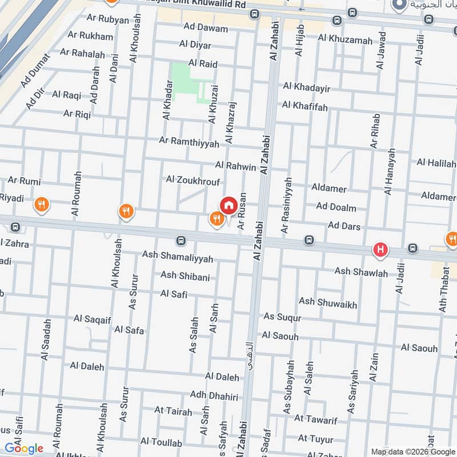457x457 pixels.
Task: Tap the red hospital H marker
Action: (380, 249)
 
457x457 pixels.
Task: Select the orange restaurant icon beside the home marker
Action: (216, 218)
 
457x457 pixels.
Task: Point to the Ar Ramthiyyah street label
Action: (189, 142)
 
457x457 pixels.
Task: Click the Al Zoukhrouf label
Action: (193, 179)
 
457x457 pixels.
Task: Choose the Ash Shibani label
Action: (185, 276)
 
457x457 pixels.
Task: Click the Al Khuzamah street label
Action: (346, 39)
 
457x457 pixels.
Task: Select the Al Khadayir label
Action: (307, 87)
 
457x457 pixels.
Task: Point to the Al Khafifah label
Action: (304, 106)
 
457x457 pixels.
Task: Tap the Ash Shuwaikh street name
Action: (328, 303)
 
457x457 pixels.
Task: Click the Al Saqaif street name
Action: (92, 319)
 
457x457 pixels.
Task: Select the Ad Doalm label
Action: (336, 207)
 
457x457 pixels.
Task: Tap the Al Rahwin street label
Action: (235, 166)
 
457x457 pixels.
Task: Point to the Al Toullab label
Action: (161, 443)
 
